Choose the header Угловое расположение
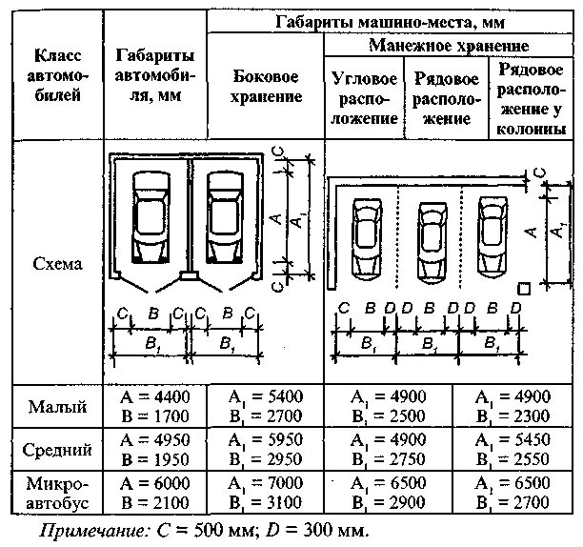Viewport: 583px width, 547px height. (x=365, y=97)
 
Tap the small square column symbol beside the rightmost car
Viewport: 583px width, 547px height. (x=523, y=288)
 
